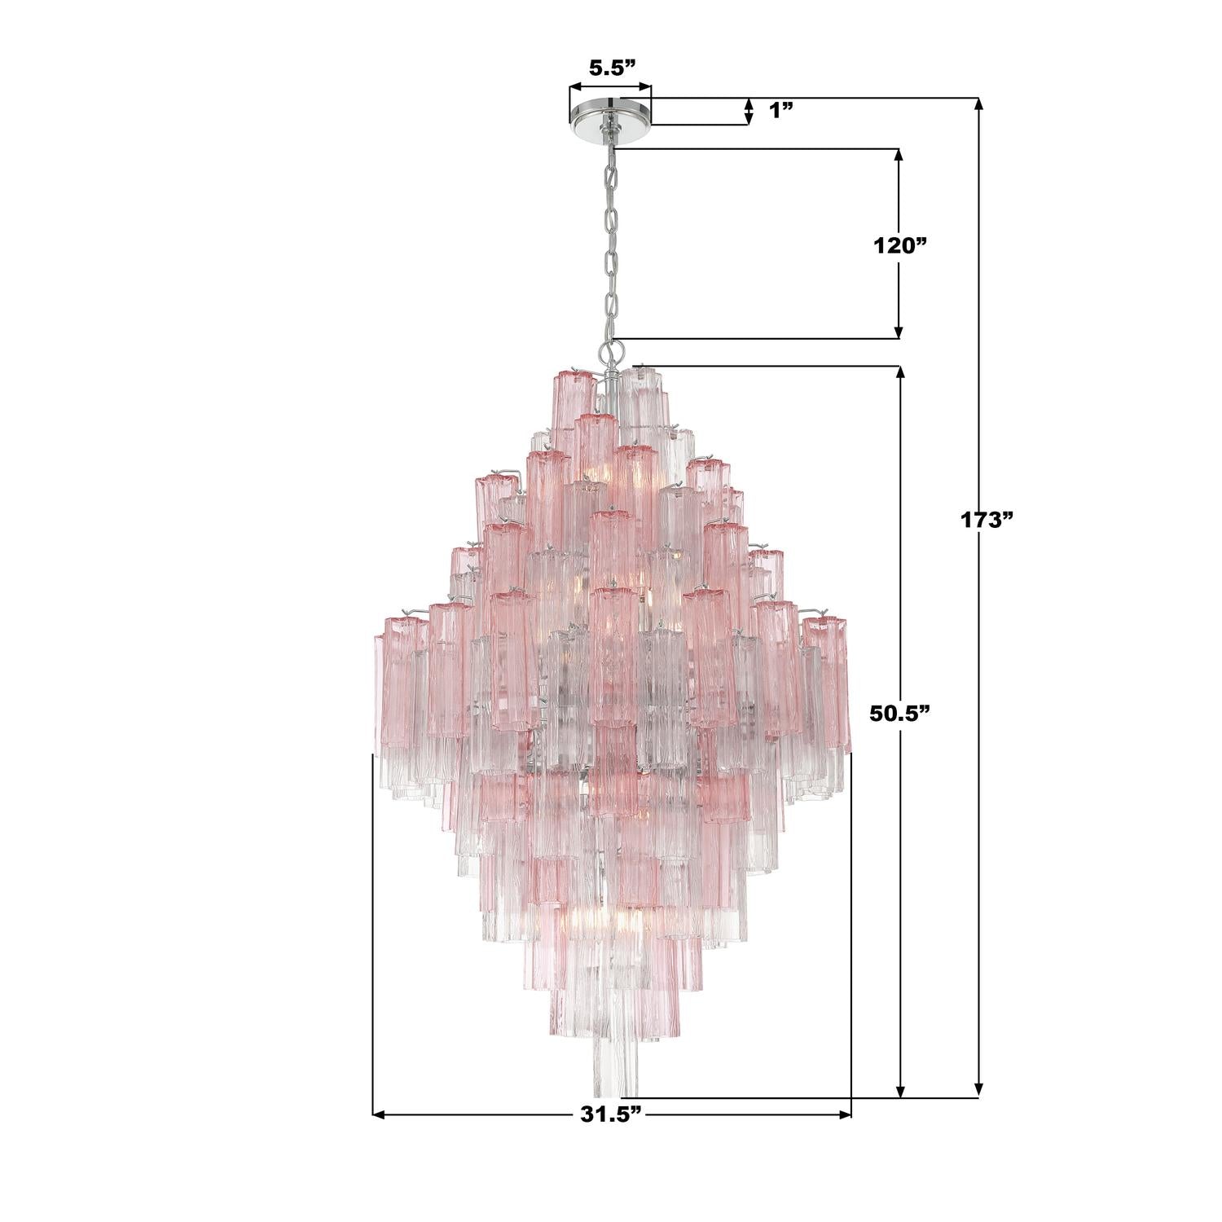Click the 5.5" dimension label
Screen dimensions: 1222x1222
point(611,68)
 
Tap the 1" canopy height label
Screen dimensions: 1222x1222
point(781,111)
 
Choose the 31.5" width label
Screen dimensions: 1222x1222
point(612,1114)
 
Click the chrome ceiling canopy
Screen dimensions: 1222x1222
point(610,113)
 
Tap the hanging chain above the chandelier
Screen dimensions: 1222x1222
point(609,244)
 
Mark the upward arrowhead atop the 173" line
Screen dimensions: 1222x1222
point(979,104)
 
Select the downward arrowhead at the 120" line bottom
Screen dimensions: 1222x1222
point(899,332)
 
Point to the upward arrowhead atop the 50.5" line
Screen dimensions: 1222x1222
point(900,372)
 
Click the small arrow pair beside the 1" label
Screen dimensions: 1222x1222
point(749,112)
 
